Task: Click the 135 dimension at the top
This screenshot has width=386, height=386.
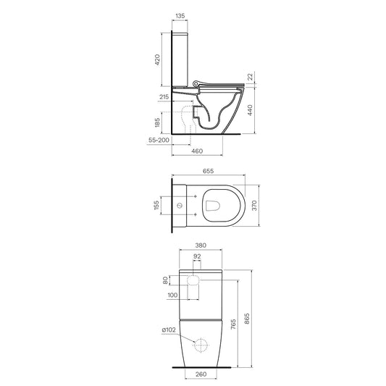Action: tap(180, 16)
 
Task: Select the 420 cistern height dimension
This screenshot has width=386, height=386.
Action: tap(157, 60)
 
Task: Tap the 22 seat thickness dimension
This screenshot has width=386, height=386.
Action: tap(251, 77)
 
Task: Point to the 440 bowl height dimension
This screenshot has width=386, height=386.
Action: tap(250, 110)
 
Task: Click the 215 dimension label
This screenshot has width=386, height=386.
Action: tap(164, 97)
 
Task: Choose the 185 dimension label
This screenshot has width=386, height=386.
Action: tap(157, 122)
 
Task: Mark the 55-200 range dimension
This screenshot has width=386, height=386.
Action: tap(159, 140)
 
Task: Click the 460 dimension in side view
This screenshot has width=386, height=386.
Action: tap(197, 151)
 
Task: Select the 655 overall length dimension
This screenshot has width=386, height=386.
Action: tap(209, 171)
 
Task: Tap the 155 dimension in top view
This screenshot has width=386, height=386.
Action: tap(156, 205)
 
